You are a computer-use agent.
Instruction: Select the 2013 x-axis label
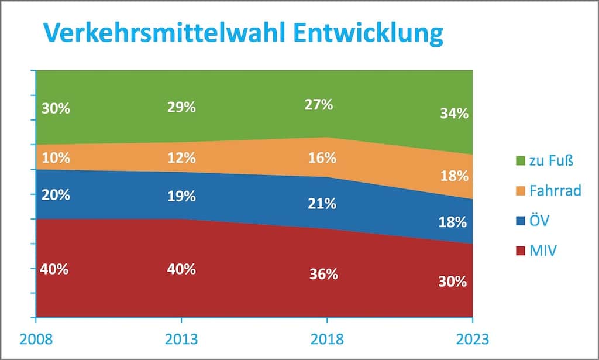[x=181, y=339]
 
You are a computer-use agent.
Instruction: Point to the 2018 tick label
[x=326, y=339]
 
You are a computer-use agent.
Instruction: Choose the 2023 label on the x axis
[x=471, y=339]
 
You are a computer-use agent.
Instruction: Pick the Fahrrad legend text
[x=555, y=190]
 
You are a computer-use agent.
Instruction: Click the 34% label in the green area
[x=454, y=114]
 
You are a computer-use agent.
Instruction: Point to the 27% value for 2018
[x=318, y=105]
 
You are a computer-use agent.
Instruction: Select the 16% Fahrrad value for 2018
[x=322, y=157]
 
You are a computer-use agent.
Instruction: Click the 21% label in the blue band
[x=322, y=204]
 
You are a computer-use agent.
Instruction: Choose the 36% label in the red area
[x=323, y=274]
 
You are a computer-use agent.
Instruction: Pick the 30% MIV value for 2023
[x=453, y=281]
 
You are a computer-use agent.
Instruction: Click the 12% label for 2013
[x=181, y=157]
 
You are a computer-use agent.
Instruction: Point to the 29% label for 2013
[x=181, y=108]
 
